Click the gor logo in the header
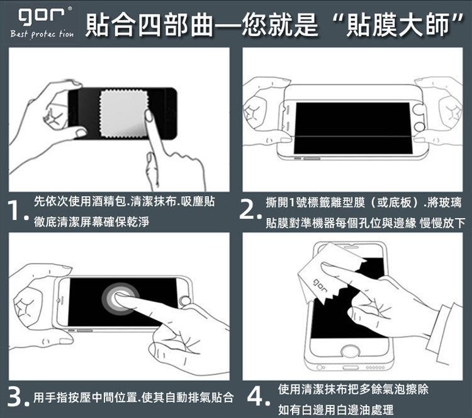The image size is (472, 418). coord(42,16)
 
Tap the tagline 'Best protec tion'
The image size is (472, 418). coord(42,34)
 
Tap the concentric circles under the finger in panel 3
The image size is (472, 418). coord(120,299)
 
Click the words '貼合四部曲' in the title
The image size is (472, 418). coord(150,25)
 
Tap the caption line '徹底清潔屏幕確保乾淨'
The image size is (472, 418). coord(91,222)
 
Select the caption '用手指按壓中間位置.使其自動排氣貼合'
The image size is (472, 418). coord(133,397)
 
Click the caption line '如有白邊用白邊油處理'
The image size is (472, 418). coord(335,410)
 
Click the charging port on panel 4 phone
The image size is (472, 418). coord(351,368)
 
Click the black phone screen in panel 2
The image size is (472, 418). coord(353,128)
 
